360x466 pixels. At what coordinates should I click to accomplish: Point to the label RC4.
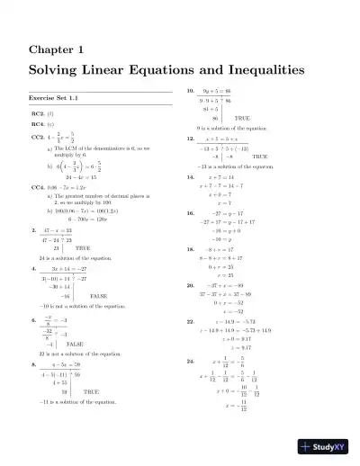coord(39,125)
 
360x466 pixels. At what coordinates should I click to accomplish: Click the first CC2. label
coord(39,138)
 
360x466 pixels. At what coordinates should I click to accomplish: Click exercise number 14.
coord(191,178)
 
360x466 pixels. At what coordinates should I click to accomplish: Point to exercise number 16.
coord(191,213)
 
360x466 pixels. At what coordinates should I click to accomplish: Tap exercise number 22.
coord(191,320)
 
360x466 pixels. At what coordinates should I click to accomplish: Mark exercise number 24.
coord(191,361)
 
